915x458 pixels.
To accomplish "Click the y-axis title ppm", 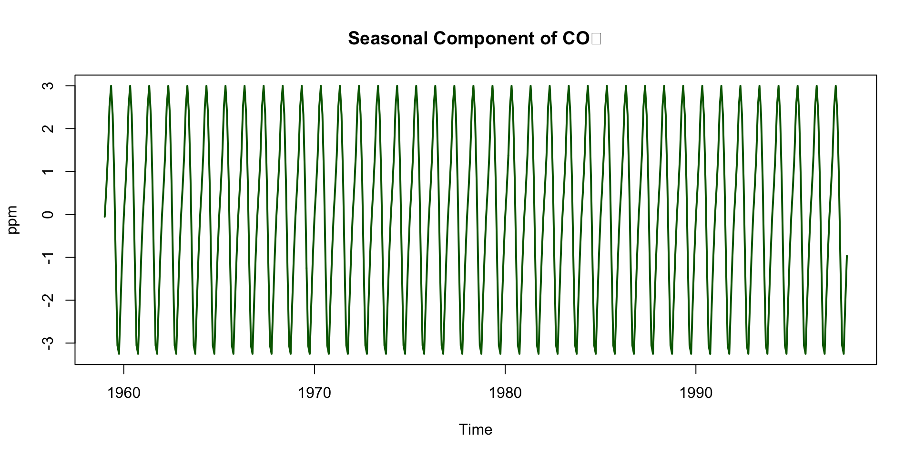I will click(x=13, y=219).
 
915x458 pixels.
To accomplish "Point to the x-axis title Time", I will click(x=475, y=429).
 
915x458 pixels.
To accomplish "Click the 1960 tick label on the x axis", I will click(x=124, y=393).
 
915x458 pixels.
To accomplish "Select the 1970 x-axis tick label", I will click(x=315, y=393).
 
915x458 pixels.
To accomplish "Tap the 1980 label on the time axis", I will click(x=505, y=393).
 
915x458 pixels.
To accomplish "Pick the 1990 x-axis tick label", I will click(x=696, y=393).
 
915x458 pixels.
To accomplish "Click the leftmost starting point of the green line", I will click(x=104, y=217).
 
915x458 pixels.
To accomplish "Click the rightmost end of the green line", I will click(x=847, y=256).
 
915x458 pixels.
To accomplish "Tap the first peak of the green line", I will click(x=111, y=86).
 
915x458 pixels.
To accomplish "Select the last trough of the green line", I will click(x=844, y=354).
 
